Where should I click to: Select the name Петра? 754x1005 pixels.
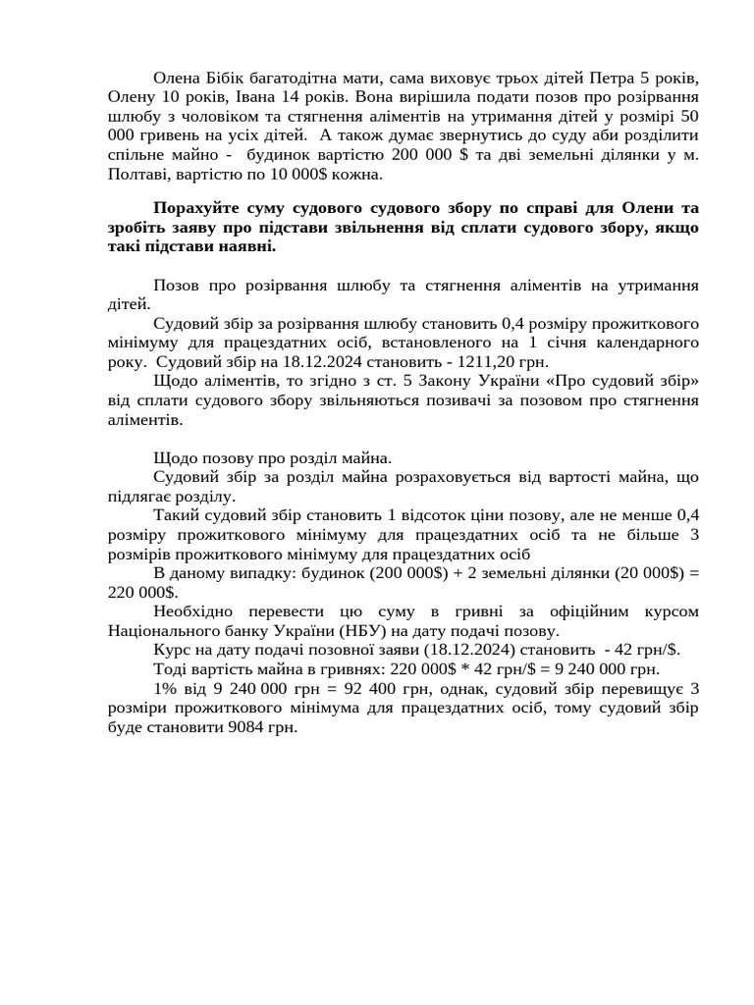(610, 78)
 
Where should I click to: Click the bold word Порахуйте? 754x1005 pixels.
(200, 208)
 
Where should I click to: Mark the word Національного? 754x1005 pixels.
(171, 631)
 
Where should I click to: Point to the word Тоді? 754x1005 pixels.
(172, 669)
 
